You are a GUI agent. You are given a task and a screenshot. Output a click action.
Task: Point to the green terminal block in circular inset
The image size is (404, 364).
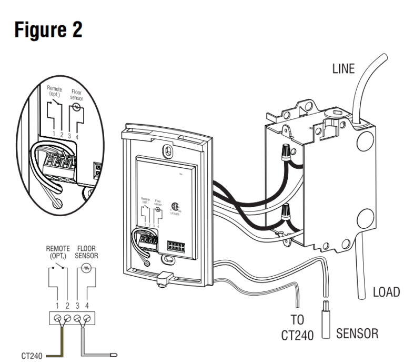(57, 160)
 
